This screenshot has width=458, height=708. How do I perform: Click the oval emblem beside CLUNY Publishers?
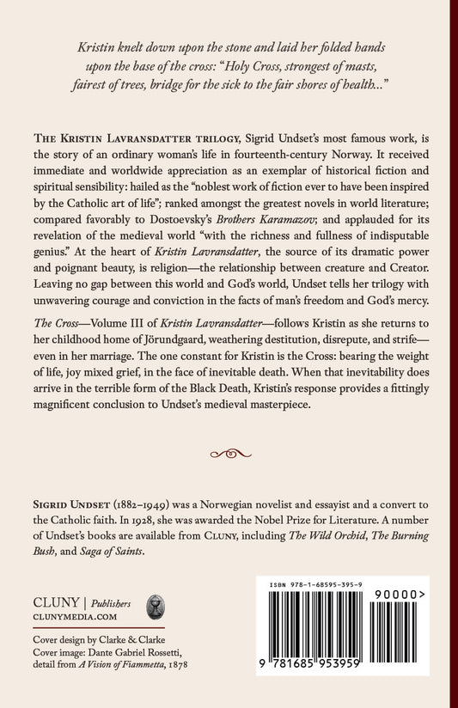coord(157,607)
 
